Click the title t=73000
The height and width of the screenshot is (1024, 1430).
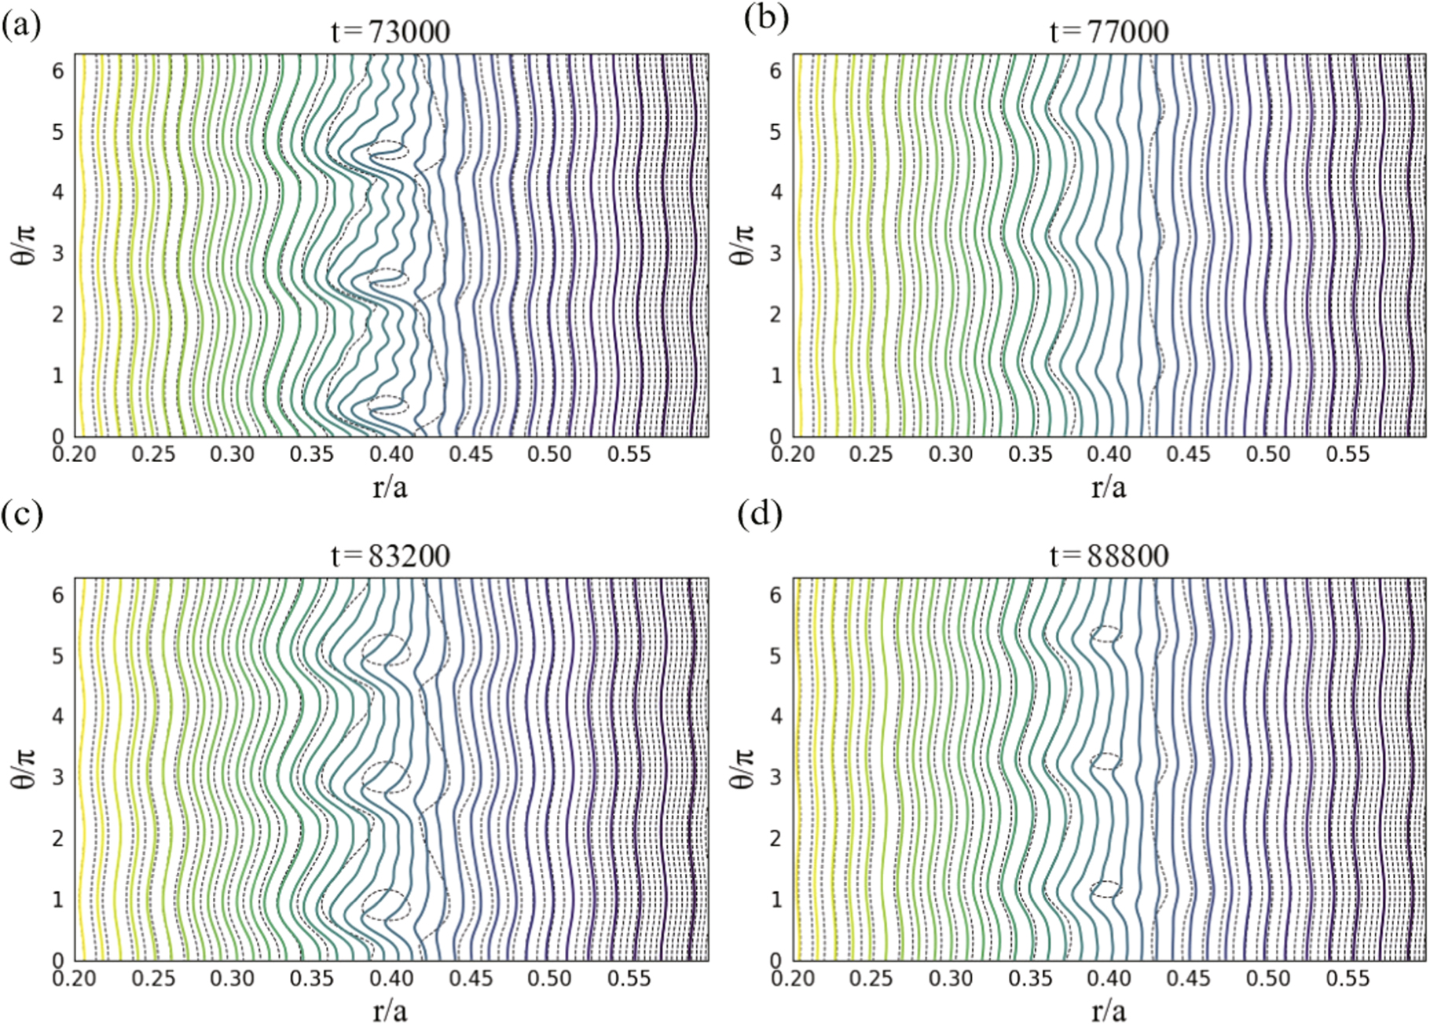point(390,32)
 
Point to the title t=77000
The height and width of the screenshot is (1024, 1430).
point(1109,32)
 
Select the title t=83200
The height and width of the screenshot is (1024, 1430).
point(390,556)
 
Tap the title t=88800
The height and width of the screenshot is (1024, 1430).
point(1109,556)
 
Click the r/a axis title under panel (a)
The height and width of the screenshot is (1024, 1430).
point(390,487)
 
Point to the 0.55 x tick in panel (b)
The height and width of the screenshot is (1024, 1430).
point(1348,454)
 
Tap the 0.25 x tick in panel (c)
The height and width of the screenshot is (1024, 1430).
point(154,978)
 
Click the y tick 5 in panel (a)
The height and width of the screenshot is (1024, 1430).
point(58,131)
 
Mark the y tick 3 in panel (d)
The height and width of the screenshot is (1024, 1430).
point(776,777)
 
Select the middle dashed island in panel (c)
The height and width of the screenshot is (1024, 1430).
point(386,776)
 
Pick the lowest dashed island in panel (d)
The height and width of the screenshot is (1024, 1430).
point(1106,889)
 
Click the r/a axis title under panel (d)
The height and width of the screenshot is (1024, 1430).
point(1109,1010)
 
